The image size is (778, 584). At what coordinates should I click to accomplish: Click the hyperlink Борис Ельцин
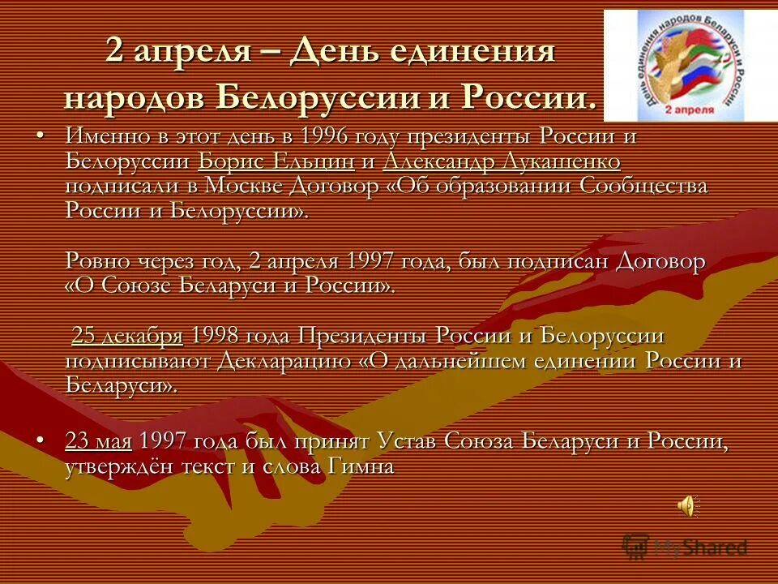pyautogui.click(x=276, y=161)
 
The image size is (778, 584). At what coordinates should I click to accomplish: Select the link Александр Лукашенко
pyautogui.click(x=502, y=161)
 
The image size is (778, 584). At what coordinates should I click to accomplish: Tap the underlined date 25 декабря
pyautogui.click(x=127, y=337)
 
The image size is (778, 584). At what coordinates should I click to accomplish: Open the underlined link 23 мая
pyautogui.click(x=99, y=442)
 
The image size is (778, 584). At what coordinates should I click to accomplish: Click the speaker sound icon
pyautogui.click(x=686, y=506)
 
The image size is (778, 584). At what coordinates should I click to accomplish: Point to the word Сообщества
pyautogui.click(x=643, y=186)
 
